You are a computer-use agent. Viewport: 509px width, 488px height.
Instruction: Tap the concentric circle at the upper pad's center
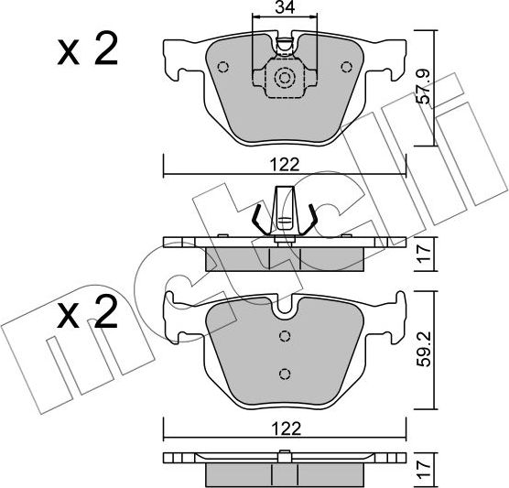pos(284,79)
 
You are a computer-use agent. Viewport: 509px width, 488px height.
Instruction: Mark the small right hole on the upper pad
pos(346,66)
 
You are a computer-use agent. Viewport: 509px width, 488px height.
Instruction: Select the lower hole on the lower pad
pos(284,373)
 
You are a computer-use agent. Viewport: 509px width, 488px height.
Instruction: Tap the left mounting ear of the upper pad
pos(176,60)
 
